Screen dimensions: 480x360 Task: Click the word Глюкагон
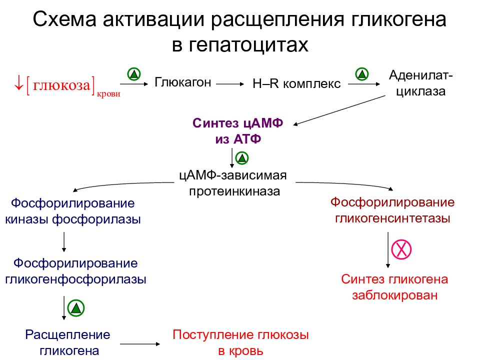[183, 82]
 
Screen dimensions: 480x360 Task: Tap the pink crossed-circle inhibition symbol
[401, 249]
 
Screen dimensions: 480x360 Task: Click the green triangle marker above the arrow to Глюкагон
[134, 74]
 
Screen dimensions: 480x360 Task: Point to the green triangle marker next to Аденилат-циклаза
[362, 74]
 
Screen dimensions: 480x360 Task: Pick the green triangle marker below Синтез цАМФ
[242, 158]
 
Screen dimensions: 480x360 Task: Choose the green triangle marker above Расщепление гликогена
[76, 308]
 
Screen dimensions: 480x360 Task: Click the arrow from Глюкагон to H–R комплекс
[230, 83]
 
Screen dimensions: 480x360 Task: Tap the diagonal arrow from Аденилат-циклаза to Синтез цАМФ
[339, 110]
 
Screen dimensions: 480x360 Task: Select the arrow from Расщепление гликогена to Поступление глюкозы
[140, 344]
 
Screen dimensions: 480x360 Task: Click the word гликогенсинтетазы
[392, 218]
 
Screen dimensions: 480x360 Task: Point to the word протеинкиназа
[234, 191]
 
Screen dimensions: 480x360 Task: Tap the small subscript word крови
[108, 94]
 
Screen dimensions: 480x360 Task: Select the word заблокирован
[394, 295]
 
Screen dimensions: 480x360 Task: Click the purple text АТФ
[247, 139]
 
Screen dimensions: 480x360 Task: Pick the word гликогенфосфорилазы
[75, 279]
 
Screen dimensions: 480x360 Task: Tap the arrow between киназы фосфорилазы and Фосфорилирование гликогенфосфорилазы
[64, 242]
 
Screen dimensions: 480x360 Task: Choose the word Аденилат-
[420, 75]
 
